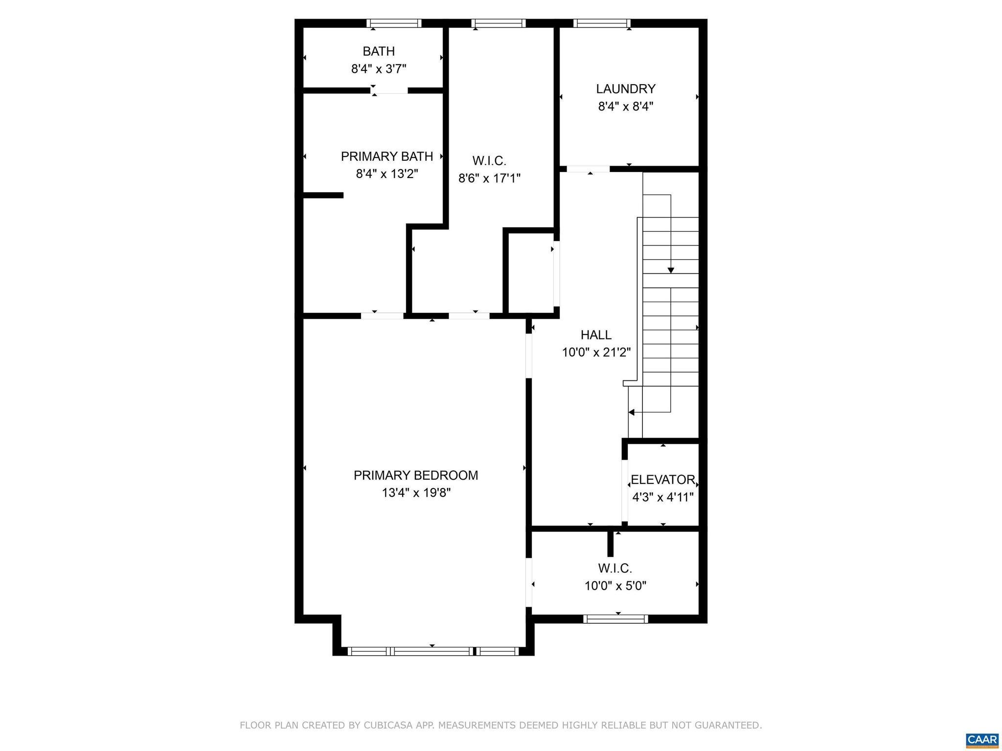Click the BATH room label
pos(378,51)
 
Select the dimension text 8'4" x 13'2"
pos(387,174)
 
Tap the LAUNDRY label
pos(625,89)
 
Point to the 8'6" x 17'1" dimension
pos(489,178)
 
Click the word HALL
pos(595,335)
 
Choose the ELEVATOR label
pos(662,480)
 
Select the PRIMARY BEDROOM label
pos(415,475)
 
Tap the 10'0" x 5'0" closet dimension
pos(615,586)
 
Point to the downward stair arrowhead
pos(670,270)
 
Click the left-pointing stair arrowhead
pos(632,412)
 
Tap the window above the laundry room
pos(601,23)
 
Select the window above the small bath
pos(394,23)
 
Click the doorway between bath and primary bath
pos(390,90)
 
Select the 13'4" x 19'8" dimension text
pos(415,493)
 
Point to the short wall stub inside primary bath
pos(323,195)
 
